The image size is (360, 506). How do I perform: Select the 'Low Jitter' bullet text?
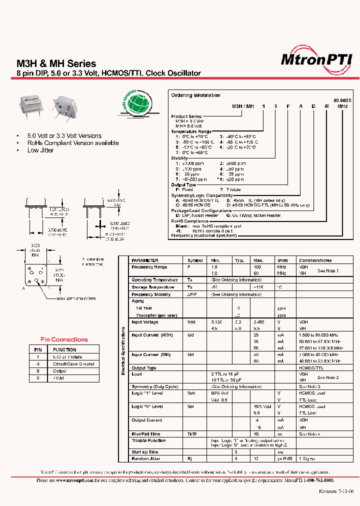(x=40, y=150)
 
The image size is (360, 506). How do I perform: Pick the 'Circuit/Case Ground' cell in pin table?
(x=73, y=364)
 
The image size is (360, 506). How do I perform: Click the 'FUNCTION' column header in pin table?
(x=65, y=349)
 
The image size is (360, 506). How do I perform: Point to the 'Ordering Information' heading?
(x=195, y=95)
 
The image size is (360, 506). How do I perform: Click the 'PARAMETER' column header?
(x=145, y=260)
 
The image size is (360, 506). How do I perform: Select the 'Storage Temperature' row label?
(x=153, y=287)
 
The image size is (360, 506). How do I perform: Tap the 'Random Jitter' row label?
(x=146, y=458)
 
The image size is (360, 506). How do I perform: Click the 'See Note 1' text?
(x=328, y=270)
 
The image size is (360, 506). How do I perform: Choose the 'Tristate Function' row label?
(x=148, y=441)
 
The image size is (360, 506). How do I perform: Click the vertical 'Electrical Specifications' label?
(x=123, y=350)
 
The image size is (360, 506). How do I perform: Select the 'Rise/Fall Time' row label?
(x=146, y=434)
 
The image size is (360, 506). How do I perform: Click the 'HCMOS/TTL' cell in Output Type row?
(x=310, y=368)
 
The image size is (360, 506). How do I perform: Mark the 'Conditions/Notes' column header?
(x=315, y=260)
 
